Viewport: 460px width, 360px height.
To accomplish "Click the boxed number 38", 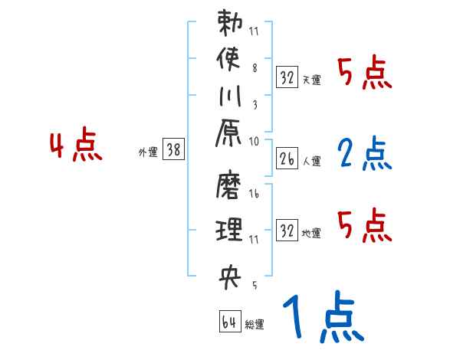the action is click(x=173, y=151).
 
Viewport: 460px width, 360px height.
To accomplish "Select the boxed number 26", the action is click(x=287, y=160).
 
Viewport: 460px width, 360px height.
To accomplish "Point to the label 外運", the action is click(x=148, y=152).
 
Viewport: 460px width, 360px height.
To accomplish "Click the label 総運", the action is click(x=255, y=325).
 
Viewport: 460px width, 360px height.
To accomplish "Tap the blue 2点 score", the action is click(x=364, y=154).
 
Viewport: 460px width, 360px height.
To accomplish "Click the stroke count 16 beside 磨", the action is click(x=254, y=195).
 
